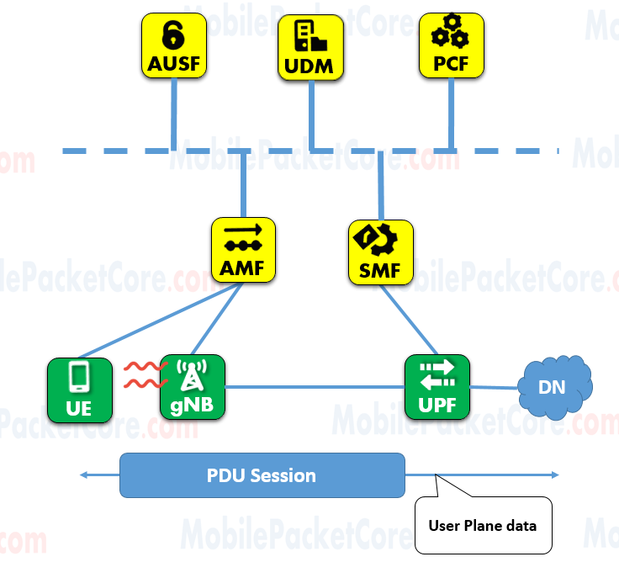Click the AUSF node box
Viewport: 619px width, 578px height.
point(173,46)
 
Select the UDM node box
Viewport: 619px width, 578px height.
point(311,46)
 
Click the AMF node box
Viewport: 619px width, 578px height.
point(243,250)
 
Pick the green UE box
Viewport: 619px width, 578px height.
point(80,389)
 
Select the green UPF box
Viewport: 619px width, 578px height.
point(436,387)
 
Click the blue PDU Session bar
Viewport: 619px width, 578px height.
point(262,475)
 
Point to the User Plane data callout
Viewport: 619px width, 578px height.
point(484,525)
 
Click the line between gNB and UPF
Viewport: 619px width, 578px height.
point(315,387)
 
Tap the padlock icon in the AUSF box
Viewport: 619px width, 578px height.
point(173,34)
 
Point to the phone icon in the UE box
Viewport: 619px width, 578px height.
point(80,377)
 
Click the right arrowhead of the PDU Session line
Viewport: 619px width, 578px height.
point(554,475)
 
